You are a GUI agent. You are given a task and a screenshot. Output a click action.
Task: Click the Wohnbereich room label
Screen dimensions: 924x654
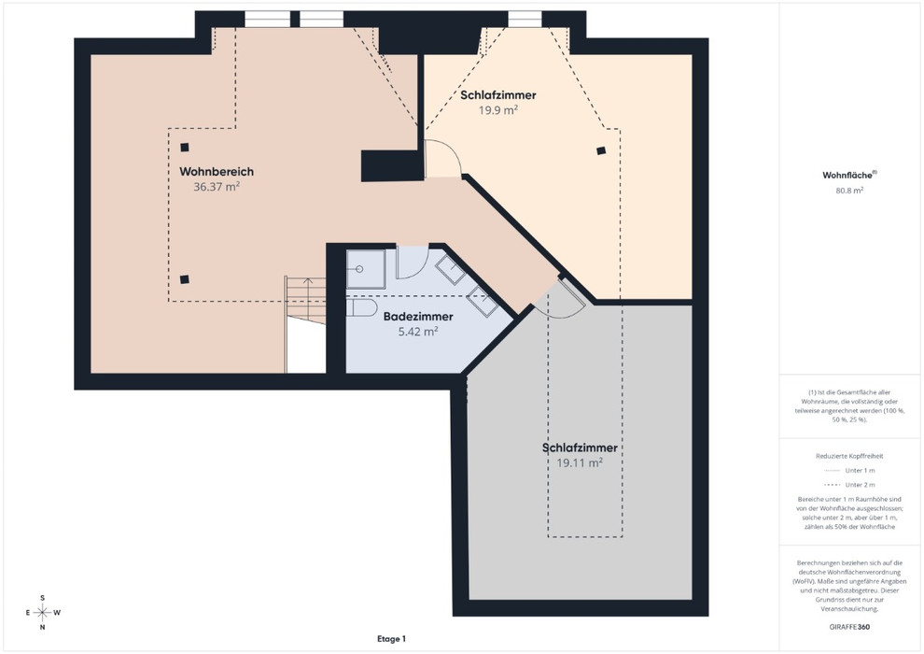[x=217, y=172]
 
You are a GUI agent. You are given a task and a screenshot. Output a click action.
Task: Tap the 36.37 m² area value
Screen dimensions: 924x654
[x=217, y=187]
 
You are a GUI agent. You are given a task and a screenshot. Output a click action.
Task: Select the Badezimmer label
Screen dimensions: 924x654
[x=418, y=317]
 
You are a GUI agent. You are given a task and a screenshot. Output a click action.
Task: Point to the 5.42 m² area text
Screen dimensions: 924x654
[x=418, y=332]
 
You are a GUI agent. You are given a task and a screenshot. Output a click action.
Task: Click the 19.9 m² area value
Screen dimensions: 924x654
[x=498, y=110]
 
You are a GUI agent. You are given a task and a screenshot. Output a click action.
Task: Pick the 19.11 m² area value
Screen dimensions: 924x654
[x=580, y=462]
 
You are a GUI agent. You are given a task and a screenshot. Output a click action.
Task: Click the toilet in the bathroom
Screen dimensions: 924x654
[x=361, y=307]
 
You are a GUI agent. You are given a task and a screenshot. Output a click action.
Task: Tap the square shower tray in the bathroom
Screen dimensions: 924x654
[x=365, y=269]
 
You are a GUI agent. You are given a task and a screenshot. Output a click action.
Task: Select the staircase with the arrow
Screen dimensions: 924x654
[x=305, y=301]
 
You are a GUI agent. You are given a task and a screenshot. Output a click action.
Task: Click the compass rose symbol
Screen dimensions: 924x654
[x=42, y=613]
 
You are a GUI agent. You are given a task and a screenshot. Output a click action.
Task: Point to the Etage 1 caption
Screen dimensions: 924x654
[x=391, y=639]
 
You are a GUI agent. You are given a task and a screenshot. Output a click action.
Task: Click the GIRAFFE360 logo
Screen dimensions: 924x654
[x=849, y=627]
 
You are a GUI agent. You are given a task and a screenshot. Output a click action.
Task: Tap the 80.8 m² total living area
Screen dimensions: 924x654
[x=849, y=191]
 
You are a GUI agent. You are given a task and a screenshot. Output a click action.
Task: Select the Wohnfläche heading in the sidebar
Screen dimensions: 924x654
[x=849, y=175]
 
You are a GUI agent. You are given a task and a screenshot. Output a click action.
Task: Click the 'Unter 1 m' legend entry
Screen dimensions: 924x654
[x=849, y=471]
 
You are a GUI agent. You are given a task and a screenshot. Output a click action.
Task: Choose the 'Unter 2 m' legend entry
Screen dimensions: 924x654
[x=849, y=485]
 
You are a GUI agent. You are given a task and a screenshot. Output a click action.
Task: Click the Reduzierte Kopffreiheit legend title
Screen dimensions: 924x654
[x=849, y=456]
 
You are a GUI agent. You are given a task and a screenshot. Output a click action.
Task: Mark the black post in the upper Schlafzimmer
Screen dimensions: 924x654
[x=600, y=151]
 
